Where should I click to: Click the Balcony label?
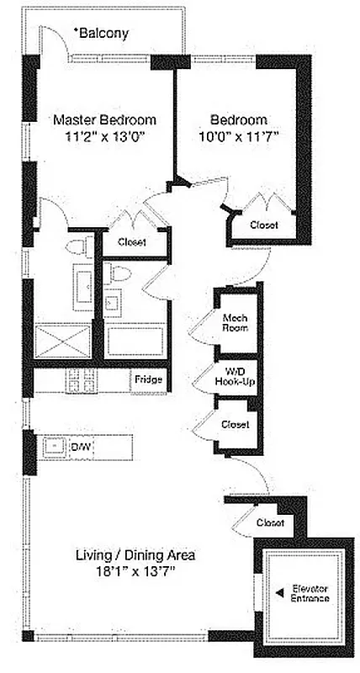pyautogui.click(x=103, y=34)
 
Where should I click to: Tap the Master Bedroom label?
pyautogui.click(x=105, y=119)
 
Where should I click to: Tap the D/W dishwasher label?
pyautogui.click(x=81, y=446)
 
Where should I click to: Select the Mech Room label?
pyautogui.click(x=234, y=323)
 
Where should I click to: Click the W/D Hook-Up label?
pyautogui.click(x=235, y=376)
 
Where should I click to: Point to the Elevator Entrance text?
pyautogui.click(x=309, y=593)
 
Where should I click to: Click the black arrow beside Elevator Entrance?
pyautogui.click(x=278, y=593)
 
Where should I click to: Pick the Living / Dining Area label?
pyautogui.click(x=135, y=555)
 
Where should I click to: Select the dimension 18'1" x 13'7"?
pyautogui.click(x=135, y=571)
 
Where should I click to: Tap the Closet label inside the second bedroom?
pyautogui.click(x=265, y=225)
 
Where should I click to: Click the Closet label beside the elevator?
pyautogui.click(x=271, y=523)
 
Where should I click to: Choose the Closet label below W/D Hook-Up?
pyautogui.click(x=236, y=425)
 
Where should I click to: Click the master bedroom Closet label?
pyautogui.click(x=132, y=242)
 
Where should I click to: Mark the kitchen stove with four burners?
pyautogui.click(x=82, y=381)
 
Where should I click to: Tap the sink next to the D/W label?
pyautogui.click(x=56, y=446)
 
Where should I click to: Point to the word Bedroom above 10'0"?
pyautogui.click(x=239, y=119)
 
